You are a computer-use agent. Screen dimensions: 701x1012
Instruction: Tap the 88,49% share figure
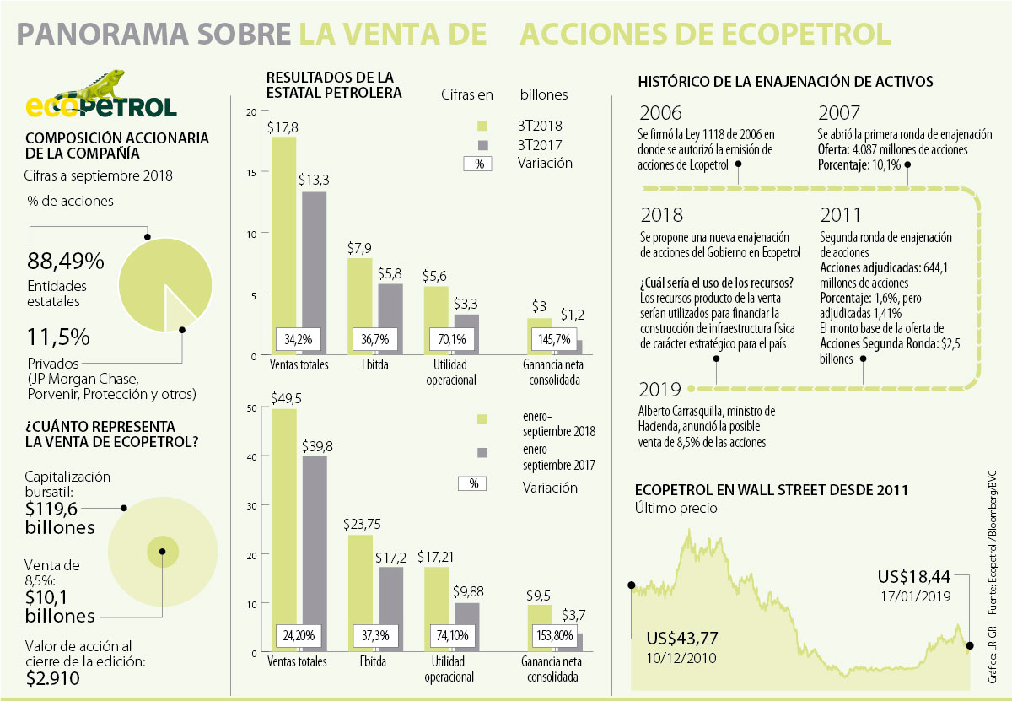(66, 261)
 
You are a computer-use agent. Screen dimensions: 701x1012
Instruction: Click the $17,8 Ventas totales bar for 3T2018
(283, 245)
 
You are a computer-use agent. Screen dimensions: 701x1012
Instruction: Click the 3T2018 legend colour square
(482, 126)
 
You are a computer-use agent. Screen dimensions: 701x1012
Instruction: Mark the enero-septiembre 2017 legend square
(482, 453)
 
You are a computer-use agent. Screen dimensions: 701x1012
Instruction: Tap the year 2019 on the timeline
(659, 390)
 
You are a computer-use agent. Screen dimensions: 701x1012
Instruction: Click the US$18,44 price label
(913, 578)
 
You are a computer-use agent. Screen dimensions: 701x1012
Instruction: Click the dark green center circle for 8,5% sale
(163, 553)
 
